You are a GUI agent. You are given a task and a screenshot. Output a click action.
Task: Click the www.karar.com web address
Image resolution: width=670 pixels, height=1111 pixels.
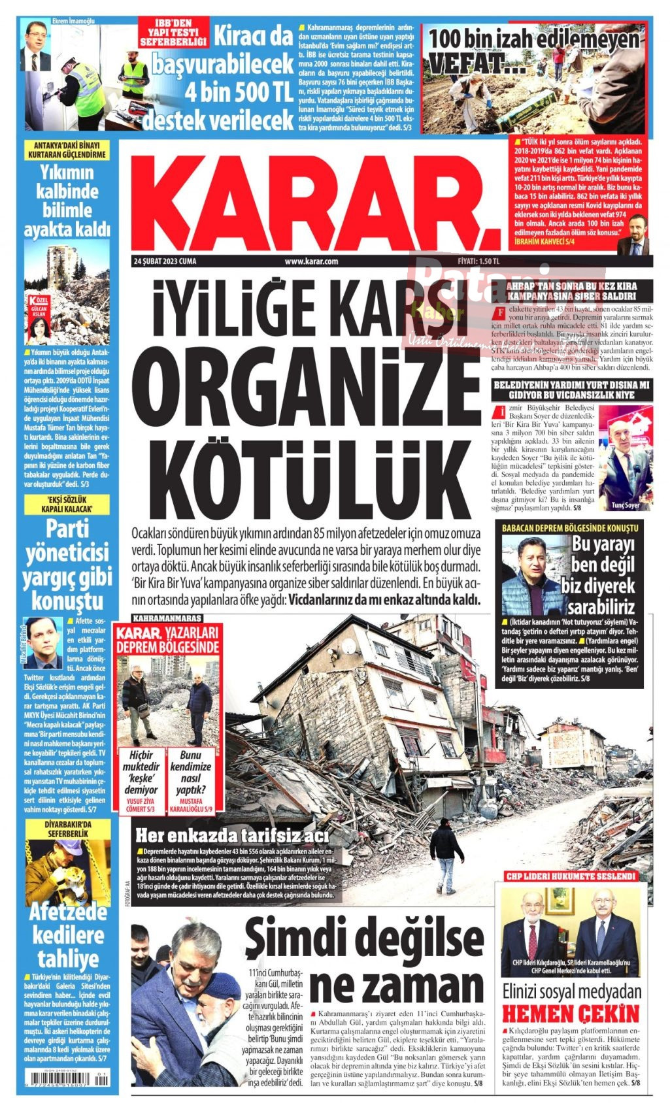(x=311, y=261)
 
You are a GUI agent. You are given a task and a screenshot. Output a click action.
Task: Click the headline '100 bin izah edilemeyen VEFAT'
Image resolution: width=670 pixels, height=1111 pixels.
(x=533, y=50)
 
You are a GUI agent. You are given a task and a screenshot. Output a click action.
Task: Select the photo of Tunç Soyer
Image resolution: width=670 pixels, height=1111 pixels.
(x=625, y=457)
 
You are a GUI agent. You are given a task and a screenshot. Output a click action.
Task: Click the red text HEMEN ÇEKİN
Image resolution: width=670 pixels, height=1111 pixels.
(x=570, y=1014)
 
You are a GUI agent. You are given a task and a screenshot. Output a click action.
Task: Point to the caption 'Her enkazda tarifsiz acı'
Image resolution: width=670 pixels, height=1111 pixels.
(x=232, y=836)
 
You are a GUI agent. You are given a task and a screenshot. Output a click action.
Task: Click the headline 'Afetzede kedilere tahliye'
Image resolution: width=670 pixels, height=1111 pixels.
(x=67, y=935)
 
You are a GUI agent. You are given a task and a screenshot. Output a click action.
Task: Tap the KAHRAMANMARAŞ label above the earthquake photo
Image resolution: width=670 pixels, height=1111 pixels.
(x=167, y=618)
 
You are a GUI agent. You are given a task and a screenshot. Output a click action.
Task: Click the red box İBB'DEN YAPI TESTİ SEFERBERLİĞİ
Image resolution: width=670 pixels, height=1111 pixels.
(x=174, y=32)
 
